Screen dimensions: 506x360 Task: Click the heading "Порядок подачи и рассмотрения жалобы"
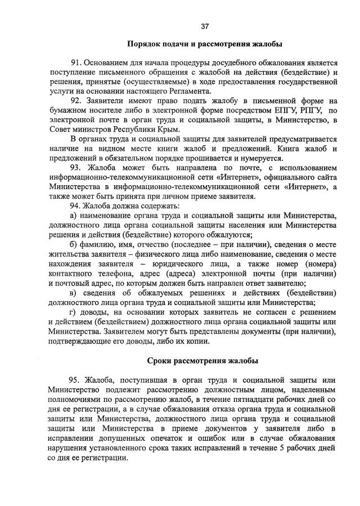pos(205,43)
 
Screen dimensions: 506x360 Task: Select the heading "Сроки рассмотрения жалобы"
pos(203,359)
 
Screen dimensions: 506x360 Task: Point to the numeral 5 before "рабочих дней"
pos(281,447)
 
